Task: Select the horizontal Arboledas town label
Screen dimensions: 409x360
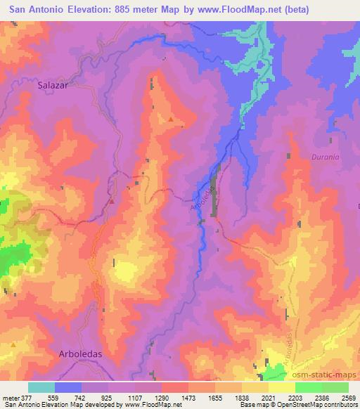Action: (x=79, y=353)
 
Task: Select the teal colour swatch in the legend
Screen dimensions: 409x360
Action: (x=41, y=387)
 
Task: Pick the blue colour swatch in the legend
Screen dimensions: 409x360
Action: (x=67, y=387)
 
